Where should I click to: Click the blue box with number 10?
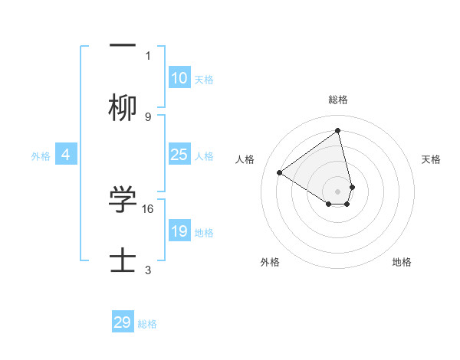click(x=179, y=78)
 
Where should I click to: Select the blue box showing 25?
click(x=179, y=155)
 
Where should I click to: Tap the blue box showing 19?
click(x=179, y=231)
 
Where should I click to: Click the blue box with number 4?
click(x=65, y=155)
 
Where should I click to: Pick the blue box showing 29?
click(x=123, y=322)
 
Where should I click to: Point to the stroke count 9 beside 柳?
click(x=148, y=117)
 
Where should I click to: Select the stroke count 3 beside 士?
click(x=148, y=270)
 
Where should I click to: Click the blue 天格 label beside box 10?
click(x=204, y=80)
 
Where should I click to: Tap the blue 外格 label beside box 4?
click(x=41, y=156)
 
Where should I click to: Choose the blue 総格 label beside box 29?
click(x=147, y=324)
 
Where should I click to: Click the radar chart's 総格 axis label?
click(x=338, y=100)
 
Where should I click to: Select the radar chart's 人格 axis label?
click(x=245, y=159)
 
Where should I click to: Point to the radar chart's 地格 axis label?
click(x=402, y=262)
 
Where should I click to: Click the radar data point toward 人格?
click(x=280, y=172)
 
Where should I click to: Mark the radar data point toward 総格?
click(x=338, y=131)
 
